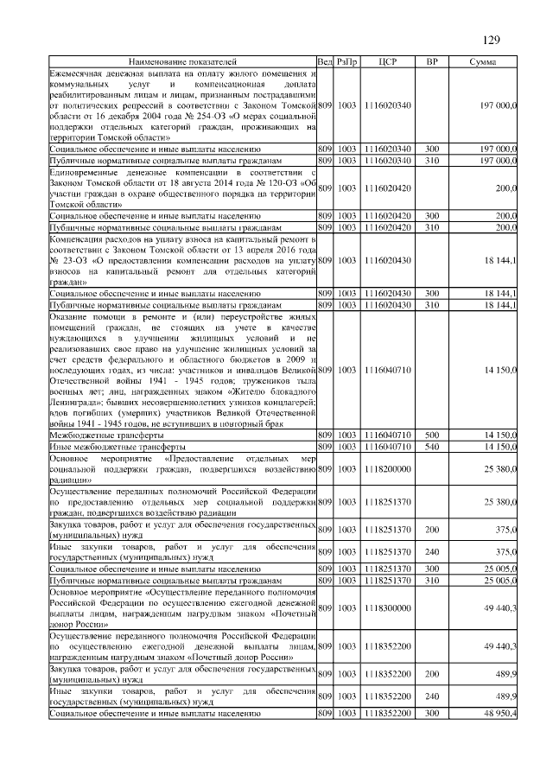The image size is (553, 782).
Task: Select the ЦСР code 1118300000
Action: [387, 609]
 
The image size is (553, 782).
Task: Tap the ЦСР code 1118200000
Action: [387, 469]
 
